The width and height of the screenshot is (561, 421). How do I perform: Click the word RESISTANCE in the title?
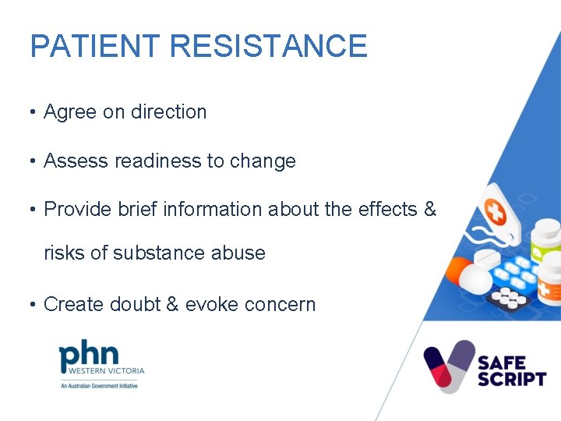(268, 46)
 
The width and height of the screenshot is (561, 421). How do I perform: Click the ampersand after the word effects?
(429, 210)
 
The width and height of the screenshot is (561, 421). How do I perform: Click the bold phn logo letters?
(90, 355)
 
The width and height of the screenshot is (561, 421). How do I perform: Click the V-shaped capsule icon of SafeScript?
(449, 365)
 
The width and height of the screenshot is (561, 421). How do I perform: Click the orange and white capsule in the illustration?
(467, 275)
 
